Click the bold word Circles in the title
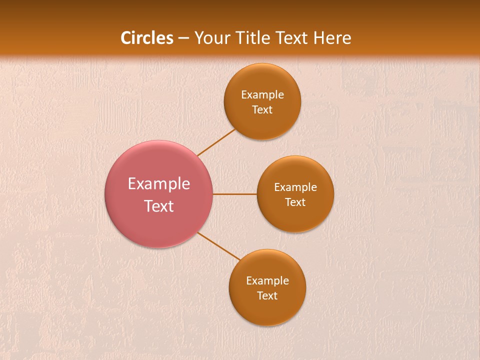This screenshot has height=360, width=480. pos(146,38)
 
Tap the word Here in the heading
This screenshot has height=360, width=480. pos(332,38)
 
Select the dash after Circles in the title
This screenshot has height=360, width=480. pos(183,38)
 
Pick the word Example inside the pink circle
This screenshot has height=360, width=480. pos(159,184)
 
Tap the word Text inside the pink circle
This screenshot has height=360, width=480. pos(159,206)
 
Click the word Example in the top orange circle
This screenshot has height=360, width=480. pos(262,95)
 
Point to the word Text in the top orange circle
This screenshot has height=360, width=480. pos(262,110)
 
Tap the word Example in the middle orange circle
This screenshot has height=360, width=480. pos(295,187)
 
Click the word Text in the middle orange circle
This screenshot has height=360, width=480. pos(295,202)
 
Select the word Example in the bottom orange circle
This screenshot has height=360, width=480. pos(267,281)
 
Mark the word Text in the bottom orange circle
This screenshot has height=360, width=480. pos(267,296)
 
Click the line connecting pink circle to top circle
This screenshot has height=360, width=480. pos(216,142)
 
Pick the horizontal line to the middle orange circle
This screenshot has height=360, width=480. pos(235,194)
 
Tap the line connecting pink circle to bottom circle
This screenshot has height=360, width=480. pos(219,246)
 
